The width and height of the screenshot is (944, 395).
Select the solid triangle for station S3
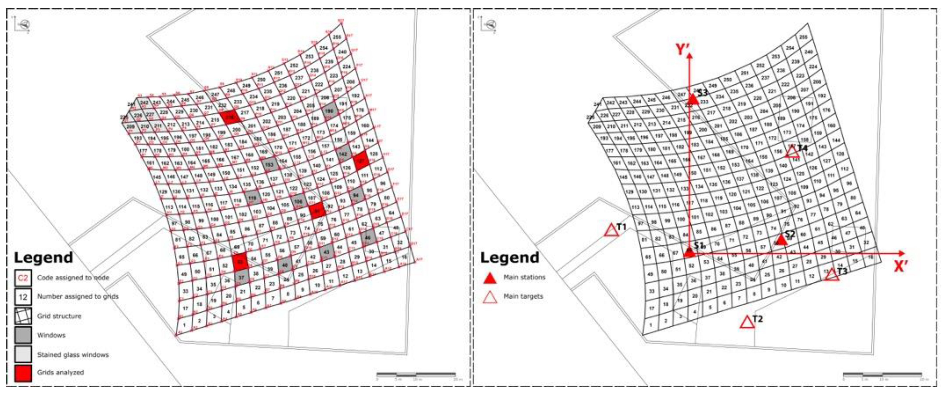pyautogui.click(x=693, y=99)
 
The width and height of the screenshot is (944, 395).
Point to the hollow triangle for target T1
pyautogui.click(x=611, y=230)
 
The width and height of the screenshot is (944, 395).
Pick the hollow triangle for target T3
pyautogui.click(x=832, y=275)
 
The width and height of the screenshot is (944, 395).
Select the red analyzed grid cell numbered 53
pyautogui.click(x=240, y=262)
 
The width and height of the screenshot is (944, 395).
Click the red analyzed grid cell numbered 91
pyautogui.click(x=317, y=211)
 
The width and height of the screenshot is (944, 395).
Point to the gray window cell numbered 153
pyautogui.click(x=269, y=165)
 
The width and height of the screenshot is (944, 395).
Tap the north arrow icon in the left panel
pyautogui.click(x=25, y=25)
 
